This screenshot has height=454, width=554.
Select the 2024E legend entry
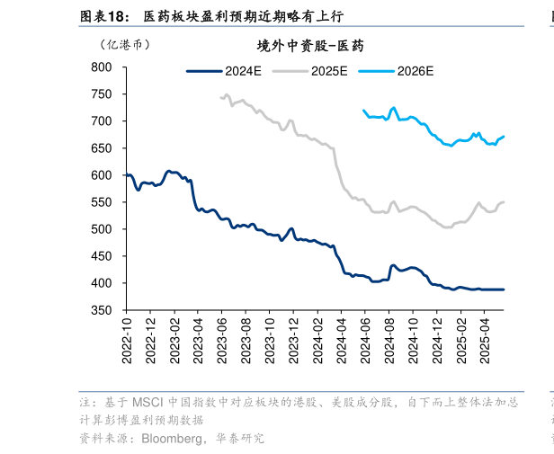pyautogui.click(x=224, y=70)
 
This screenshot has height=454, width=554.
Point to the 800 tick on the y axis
pyautogui.click(x=101, y=67)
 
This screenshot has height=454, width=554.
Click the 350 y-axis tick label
pyautogui.click(x=101, y=310)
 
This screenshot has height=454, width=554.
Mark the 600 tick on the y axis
pyautogui.click(x=101, y=175)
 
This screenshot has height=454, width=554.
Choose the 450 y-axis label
pyautogui.click(x=101, y=256)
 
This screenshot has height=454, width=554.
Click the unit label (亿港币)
pyautogui.click(x=125, y=45)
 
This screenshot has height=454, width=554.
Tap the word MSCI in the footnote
pyautogui.click(x=146, y=402)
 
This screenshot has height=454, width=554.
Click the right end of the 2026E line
pyautogui.click(x=504, y=137)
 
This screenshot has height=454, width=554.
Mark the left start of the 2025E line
pyautogui.click(x=220, y=97)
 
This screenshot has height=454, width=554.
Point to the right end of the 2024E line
pyautogui.click(x=504, y=289)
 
